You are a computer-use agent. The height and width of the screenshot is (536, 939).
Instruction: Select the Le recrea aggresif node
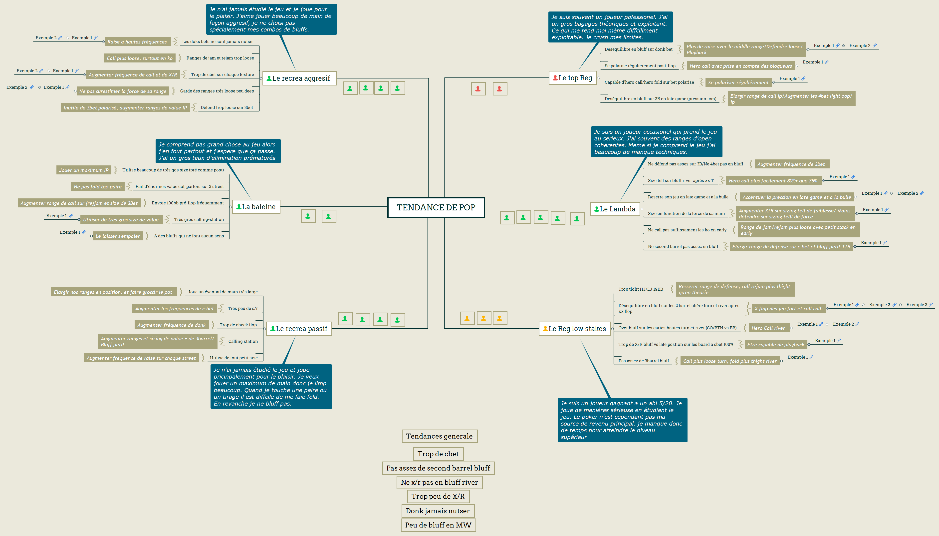coord(299,78)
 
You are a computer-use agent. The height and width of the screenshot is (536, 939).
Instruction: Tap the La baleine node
coord(256,206)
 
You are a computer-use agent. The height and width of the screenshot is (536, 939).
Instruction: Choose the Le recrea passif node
coord(299,328)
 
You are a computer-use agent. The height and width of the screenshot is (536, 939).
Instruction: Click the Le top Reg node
coord(573,78)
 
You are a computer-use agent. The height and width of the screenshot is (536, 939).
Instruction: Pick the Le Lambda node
coord(615,209)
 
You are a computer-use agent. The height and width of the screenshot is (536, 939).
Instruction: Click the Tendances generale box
coord(440,436)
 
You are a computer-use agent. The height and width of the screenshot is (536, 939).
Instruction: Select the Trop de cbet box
coord(438,454)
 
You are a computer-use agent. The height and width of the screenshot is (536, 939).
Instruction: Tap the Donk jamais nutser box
coord(438,511)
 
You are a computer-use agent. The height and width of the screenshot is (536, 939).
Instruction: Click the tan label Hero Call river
coord(768,328)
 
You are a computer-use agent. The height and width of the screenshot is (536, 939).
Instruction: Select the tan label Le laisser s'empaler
coord(118,236)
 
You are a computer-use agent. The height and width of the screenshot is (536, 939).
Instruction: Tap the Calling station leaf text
coord(243,341)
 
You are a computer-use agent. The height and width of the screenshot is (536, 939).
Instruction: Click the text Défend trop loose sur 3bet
coord(227,107)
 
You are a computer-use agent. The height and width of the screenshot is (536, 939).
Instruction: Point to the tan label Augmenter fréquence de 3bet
coord(791,164)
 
